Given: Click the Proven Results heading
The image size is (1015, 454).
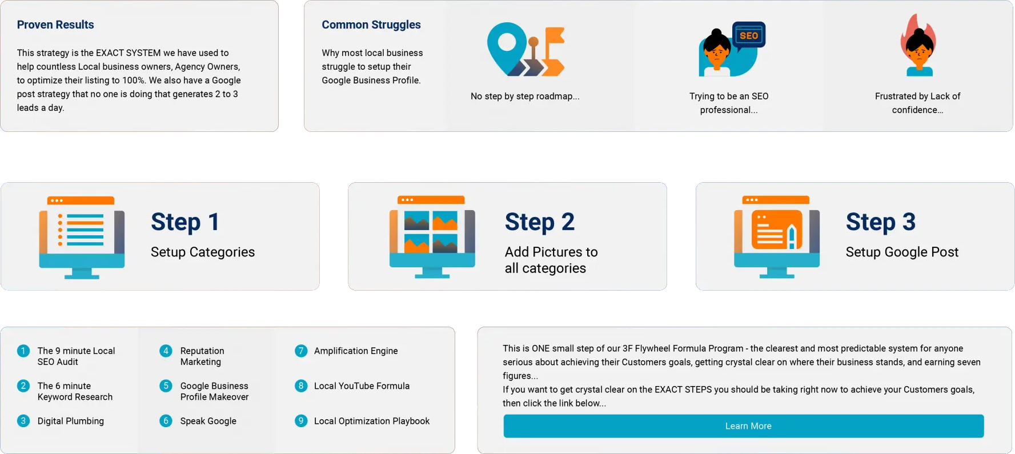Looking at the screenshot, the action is point(55,25).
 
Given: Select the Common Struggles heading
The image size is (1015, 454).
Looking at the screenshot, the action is point(371,25).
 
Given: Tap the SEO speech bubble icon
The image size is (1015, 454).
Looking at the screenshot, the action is point(748,35).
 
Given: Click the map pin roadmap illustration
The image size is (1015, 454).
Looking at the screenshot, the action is point(525,49).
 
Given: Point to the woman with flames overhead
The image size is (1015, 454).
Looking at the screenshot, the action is point(918,45).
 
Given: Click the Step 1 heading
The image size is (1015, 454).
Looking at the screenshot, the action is point(185,222).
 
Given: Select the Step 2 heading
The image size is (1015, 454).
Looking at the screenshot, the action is point(540,222).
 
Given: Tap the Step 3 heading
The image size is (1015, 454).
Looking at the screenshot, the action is point(881,222).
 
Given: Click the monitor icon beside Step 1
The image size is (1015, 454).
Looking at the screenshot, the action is point(82,238).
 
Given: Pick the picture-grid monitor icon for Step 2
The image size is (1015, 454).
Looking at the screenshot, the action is point(432,237).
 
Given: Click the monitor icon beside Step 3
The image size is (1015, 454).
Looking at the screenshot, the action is point(777,237).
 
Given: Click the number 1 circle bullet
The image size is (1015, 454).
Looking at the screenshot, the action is point(23,351).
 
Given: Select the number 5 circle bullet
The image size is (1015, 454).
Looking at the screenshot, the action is point(166,385).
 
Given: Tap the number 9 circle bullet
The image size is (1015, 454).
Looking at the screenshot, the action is point(301,421).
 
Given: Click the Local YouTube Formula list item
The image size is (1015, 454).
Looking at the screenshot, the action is point(362,386).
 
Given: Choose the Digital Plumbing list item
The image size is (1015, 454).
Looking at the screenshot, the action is point(71,421).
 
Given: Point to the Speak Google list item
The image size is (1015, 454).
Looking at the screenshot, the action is point(208,421).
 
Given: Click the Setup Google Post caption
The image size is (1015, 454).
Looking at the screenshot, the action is point(902,252).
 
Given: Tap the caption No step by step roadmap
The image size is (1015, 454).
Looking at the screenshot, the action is point(525,96).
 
